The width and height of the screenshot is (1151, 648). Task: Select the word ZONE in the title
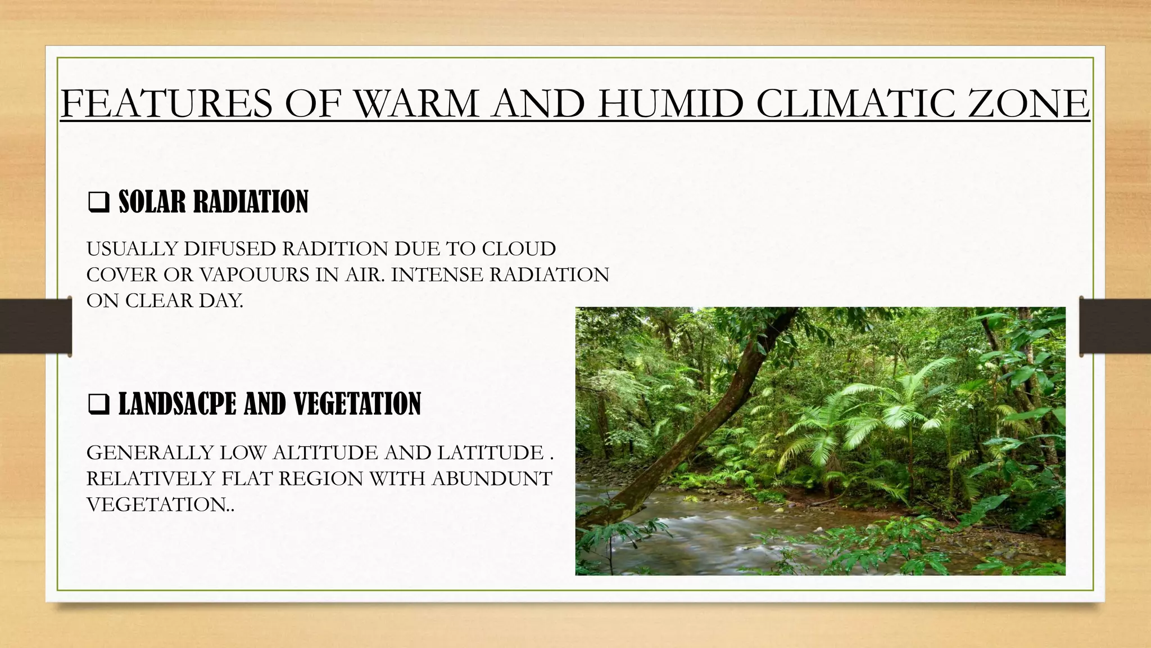[1028, 103]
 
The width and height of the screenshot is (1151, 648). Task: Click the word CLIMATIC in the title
[854, 103]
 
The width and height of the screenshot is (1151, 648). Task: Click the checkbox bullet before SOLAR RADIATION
[99, 202]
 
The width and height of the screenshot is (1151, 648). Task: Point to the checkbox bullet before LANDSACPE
[99, 404]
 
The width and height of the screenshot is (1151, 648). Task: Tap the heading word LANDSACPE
[177, 404]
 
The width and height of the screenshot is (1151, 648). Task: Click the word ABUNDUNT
[492, 479]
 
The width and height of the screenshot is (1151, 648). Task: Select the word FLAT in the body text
[247, 479]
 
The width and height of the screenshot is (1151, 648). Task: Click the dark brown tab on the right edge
[1116, 326]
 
